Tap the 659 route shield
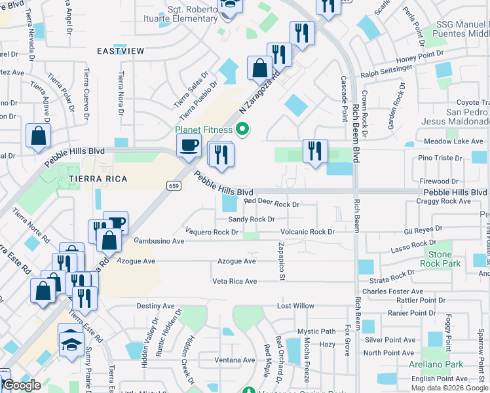[173, 185]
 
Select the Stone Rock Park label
[440, 259]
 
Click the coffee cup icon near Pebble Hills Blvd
[189, 145]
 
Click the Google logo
[22, 385]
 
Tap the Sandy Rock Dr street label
[251, 219]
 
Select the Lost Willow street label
[295, 306]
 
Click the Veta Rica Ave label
[234, 281]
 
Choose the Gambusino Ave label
[159, 240]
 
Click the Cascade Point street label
[343, 98]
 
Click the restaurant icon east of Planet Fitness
[315, 151]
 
